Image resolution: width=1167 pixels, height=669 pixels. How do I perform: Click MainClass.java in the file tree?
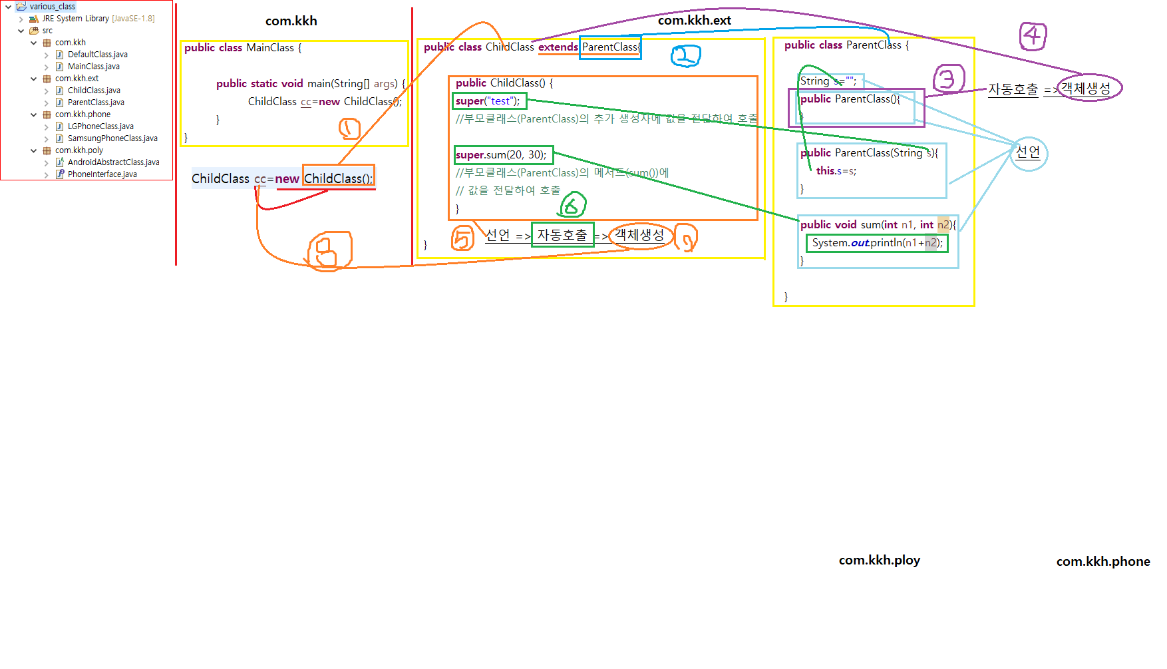(93, 67)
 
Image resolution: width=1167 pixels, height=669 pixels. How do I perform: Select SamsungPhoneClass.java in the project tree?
(112, 138)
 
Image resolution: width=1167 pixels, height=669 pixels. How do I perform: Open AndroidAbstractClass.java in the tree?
(113, 162)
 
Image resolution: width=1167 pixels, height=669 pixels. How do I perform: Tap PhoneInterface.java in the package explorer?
(102, 174)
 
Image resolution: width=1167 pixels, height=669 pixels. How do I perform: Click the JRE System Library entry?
(98, 19)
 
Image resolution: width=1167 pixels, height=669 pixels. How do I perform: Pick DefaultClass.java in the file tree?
(97, 55)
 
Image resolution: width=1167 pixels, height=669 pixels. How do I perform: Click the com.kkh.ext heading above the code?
(694, 21)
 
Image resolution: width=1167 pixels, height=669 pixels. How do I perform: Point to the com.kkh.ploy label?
(879, 560)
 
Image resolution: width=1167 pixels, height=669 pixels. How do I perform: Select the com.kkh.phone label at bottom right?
(1102, 562)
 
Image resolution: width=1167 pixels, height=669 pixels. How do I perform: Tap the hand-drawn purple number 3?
(948, 79)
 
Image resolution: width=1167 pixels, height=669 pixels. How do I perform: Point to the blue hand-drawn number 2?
(685, 56)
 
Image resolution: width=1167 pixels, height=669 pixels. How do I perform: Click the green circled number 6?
(572, 206)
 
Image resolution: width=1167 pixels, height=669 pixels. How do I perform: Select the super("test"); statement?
(488, 101)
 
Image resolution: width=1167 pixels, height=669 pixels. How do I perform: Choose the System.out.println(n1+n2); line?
(877, 243)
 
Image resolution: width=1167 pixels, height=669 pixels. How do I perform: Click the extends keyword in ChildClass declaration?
(558, 47)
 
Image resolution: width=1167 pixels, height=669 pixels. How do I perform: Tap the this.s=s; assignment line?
(836, 171)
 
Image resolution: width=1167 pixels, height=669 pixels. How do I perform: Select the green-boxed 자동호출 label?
(562, 235)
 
